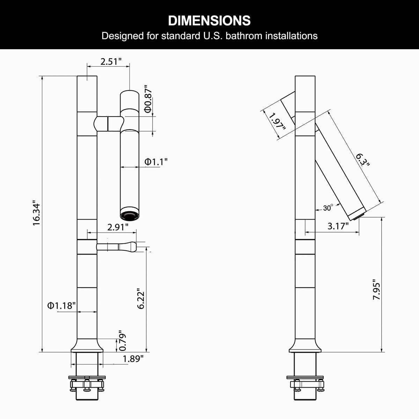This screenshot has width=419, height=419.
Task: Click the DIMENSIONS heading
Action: pyautogui.click(x=209, y=21)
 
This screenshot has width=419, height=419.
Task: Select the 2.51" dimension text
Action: pyautogui.click(x=111, y=62)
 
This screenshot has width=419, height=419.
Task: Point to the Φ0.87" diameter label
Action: pyautogui.click(x=148, y=99)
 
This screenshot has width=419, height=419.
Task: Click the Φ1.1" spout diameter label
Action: pyautogui.click(x=156, y=162)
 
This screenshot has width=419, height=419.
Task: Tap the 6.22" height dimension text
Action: pyautogui.click(x=141, y=299)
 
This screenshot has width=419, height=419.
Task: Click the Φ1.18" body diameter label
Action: pyautogui.click(x=61, y=306)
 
